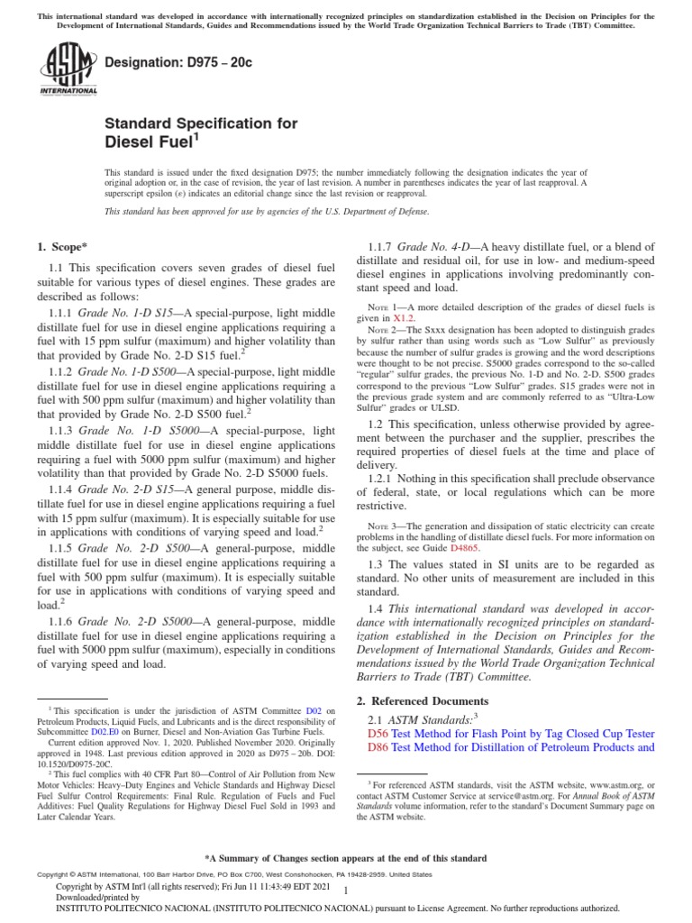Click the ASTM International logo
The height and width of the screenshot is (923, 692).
(68, 71)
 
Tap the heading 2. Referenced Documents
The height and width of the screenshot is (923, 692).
(419, 700)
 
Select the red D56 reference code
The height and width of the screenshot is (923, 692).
(378, 734)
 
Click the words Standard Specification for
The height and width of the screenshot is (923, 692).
(201, 123)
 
